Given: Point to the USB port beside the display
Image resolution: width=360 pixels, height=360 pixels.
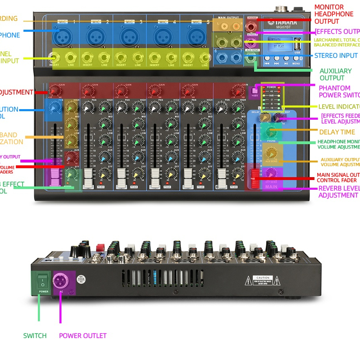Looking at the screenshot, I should click(x=298, y=44).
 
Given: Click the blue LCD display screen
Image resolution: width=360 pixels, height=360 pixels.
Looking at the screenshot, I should click(x=279, y=44).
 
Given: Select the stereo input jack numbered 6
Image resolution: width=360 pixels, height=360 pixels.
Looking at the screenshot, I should click(x=222, y=57).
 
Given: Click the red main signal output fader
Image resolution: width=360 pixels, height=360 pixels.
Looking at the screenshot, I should click(x=255, y=178).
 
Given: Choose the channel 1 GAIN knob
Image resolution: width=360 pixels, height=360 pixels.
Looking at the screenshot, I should click(x=54, y=90).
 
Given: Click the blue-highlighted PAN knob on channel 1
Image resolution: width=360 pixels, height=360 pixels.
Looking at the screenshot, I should click(x=53, y=108).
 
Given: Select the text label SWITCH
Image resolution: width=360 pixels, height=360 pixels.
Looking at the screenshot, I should click(x=35, y=336).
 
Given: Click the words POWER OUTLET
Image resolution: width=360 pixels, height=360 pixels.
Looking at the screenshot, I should click(x=83, y=336).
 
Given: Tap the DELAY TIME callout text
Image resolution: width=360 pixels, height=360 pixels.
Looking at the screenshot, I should click(x=337, y=132).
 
